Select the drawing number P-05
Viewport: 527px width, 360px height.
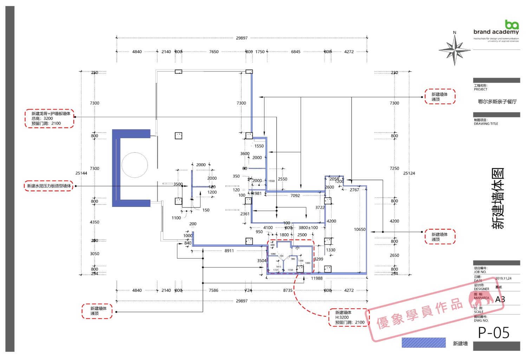point(494,333)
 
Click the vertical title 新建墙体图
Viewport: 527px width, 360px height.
point(498,199)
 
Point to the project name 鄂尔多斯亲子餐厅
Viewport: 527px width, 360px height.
point(497,102)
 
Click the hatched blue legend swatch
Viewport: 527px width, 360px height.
point(423,343)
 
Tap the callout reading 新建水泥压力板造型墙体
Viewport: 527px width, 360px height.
point(49,186)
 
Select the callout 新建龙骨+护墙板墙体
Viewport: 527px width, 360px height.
point(50,118)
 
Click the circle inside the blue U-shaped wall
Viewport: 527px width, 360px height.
point(135,165)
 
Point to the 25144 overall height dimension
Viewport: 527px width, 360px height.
point(81,173)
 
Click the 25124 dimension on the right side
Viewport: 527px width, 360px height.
point(409,173)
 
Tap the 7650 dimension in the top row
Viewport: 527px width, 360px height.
point(214,52)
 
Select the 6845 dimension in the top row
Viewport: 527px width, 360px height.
point(295,52)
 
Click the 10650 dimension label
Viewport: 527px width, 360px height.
point(359,229)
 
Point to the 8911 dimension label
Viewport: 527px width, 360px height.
point(229,251)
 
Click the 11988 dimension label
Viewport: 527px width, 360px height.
point(317,278)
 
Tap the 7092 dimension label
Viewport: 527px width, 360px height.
point(295,196)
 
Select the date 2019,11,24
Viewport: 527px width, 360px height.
point(503,279)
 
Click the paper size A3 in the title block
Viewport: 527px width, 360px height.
point(500,300)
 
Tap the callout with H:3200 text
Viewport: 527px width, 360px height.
point(349,317)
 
